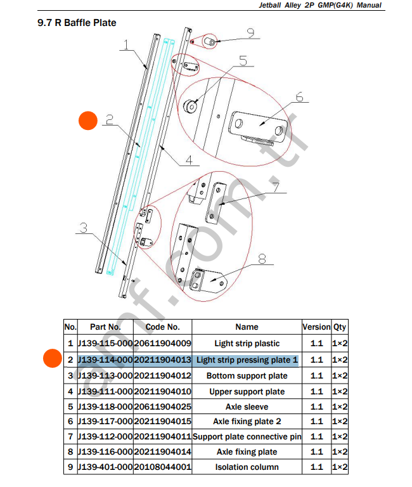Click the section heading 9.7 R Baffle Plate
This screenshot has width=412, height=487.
[77, 23]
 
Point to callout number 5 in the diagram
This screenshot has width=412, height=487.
[243, 62]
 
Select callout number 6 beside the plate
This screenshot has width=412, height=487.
[299, 98]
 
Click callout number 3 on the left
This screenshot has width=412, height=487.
[84, 228]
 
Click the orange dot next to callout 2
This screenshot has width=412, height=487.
[87, 121]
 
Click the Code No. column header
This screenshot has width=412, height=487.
[162, 327]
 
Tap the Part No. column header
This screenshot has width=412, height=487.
[105, 327]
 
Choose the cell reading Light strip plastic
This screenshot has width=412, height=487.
[247, 344]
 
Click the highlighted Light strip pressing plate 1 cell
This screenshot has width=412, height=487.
[247, 360]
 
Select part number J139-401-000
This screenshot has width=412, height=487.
[105, 467]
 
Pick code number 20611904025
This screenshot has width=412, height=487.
[162, 406]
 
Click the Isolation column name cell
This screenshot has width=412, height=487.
[247, 467]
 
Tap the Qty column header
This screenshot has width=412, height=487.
[340, 327]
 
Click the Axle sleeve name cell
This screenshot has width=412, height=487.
[247, 406]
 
